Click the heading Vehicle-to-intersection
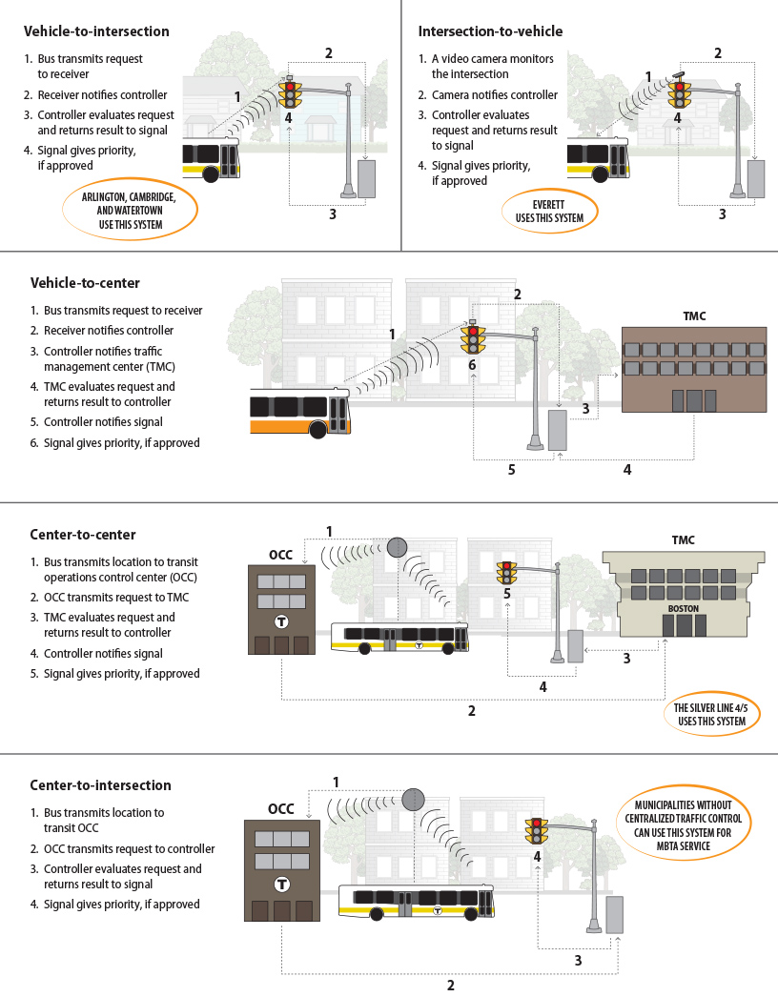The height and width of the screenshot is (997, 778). [96, 31]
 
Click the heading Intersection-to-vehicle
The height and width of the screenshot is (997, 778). [490, 31]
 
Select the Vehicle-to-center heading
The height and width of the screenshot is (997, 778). [85, 283]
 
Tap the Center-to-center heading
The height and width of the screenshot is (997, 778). [83, 535]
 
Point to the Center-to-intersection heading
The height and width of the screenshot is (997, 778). [100, 785]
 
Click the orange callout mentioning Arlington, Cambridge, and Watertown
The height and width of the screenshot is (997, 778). [130, 211]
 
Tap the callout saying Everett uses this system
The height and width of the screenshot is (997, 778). [548, 211]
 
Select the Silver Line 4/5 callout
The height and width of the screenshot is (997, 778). [711, 714]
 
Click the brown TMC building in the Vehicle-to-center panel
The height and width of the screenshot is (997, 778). [693, 369]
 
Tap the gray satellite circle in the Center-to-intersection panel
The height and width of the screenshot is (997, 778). [412, 798]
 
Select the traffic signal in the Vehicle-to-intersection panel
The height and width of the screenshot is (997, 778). [290, 94]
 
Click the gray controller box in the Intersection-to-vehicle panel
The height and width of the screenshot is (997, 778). [756, 178]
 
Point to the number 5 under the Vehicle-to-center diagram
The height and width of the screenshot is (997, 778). [512, 470]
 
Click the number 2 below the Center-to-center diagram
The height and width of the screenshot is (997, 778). [471, 710]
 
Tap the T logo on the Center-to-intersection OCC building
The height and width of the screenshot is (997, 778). [281, 883]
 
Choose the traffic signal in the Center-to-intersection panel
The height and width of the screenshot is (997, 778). [538, 831]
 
